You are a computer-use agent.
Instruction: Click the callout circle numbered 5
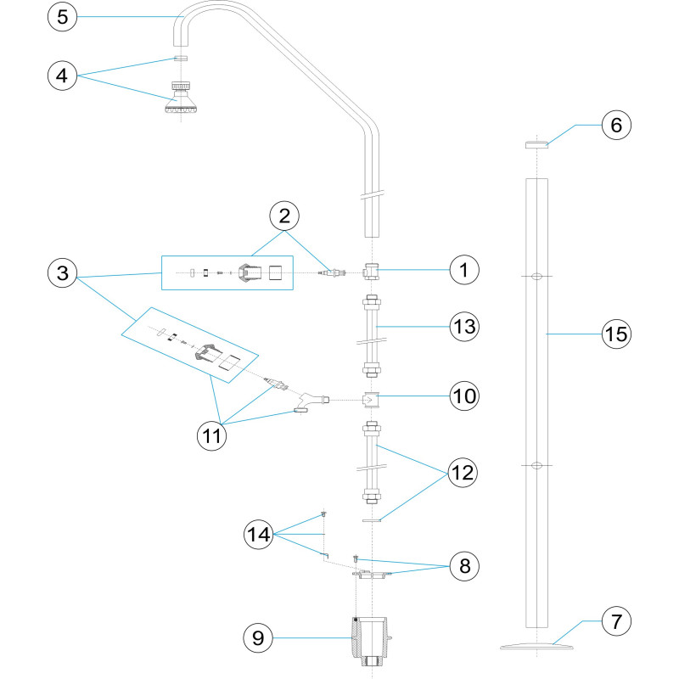coord(62,17)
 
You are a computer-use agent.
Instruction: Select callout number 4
coord(62,76)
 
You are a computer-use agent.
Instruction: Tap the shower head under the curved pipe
coord(181,97)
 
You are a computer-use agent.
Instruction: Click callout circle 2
coord(284,216)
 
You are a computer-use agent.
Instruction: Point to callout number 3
coord(62,272)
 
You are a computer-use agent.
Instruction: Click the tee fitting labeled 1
coord(371,272)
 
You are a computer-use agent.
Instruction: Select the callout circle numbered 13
coord(464,327)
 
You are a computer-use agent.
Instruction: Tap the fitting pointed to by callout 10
coord(371,400)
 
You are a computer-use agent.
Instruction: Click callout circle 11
coord(211,435)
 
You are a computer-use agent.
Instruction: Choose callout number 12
coord(463,473)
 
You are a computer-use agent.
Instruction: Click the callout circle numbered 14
coord(259,535)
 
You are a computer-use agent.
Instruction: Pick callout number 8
coord(464,565)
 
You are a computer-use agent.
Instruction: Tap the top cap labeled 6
coord(536,144)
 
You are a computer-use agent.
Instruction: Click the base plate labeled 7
coord(536,647)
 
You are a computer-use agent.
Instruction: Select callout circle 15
coord(616,334)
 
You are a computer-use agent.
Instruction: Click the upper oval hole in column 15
coord(536,277)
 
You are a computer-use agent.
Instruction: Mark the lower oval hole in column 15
coord(536,465)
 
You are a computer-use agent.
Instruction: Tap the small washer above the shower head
coord(181,58)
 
